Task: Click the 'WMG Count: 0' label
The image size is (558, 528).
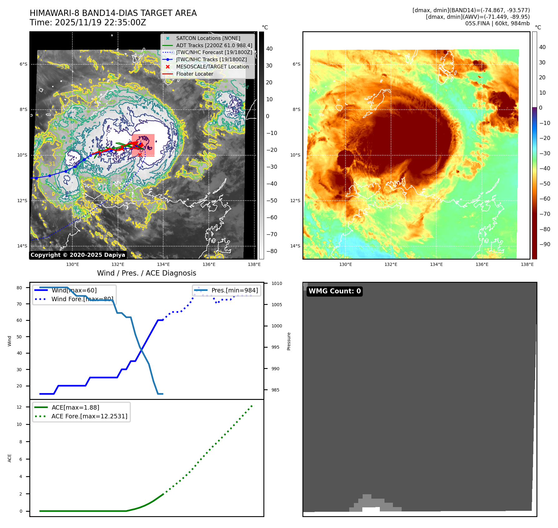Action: tap(335, 291)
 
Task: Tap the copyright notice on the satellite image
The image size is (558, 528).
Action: tap(78, 255)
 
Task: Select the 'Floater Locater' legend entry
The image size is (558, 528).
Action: tap(194, 74)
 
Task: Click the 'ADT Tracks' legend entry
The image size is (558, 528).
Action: tap(214, 45)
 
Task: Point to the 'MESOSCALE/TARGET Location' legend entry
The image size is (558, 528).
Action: tap(212, 67)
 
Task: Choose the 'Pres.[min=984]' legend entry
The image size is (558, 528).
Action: tap(234, 291)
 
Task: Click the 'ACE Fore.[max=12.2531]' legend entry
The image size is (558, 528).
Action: tap(89, 416)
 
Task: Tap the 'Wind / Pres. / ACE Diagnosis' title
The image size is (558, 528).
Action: tap(147, 273)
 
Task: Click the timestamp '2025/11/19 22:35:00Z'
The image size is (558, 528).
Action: tap(100, 23)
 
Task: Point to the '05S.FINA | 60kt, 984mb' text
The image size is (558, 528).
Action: tap(497, 23)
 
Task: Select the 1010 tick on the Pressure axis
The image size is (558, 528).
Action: tap(277, 284)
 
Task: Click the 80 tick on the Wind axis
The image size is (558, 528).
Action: tap(19, 288)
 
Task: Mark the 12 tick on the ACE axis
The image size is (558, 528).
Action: tap(19, 407)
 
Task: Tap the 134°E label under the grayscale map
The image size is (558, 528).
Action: tap(163, 265)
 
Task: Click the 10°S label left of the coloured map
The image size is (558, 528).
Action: tap(295, 155)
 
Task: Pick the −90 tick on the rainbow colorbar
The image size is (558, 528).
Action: tap(545, 244)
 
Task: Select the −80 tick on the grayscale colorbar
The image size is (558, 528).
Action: tap(272, 251)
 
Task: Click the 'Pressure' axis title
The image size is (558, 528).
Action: tap(289, 341)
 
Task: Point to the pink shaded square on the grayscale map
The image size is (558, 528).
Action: tap(143, 145)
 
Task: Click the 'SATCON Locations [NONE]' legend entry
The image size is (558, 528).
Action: tap(208, 38)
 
